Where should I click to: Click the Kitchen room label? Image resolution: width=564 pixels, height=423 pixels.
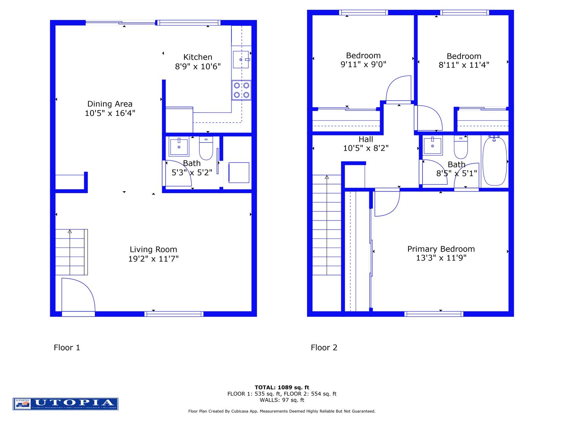198,57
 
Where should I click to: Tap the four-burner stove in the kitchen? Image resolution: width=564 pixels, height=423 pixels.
241,90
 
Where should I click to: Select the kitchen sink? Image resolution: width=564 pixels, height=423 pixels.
241,60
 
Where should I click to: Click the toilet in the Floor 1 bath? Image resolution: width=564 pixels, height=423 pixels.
206,148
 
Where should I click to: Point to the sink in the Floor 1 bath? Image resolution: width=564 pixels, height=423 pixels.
179,146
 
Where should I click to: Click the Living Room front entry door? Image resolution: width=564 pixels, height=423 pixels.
78,296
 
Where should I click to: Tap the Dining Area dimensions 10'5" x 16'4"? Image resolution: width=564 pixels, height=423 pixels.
110,113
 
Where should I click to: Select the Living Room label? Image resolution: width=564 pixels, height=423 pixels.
154,249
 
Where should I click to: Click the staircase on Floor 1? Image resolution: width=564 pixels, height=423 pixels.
71,252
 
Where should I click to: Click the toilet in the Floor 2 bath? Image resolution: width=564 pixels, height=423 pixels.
461,147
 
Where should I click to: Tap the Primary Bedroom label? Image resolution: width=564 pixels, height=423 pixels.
441,249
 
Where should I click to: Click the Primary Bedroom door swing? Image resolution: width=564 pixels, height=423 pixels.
387,202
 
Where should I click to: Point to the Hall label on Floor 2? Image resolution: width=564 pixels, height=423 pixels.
366,139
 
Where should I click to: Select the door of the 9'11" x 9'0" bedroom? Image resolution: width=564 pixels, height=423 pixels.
399,90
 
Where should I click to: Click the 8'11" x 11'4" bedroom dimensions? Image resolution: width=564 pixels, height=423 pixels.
464,65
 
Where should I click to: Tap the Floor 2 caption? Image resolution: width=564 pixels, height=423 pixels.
324,347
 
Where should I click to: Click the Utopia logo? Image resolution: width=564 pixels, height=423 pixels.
65,404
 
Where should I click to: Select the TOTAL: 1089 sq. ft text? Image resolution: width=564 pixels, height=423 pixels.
282,387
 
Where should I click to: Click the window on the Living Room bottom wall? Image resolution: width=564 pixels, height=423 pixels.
174,314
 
